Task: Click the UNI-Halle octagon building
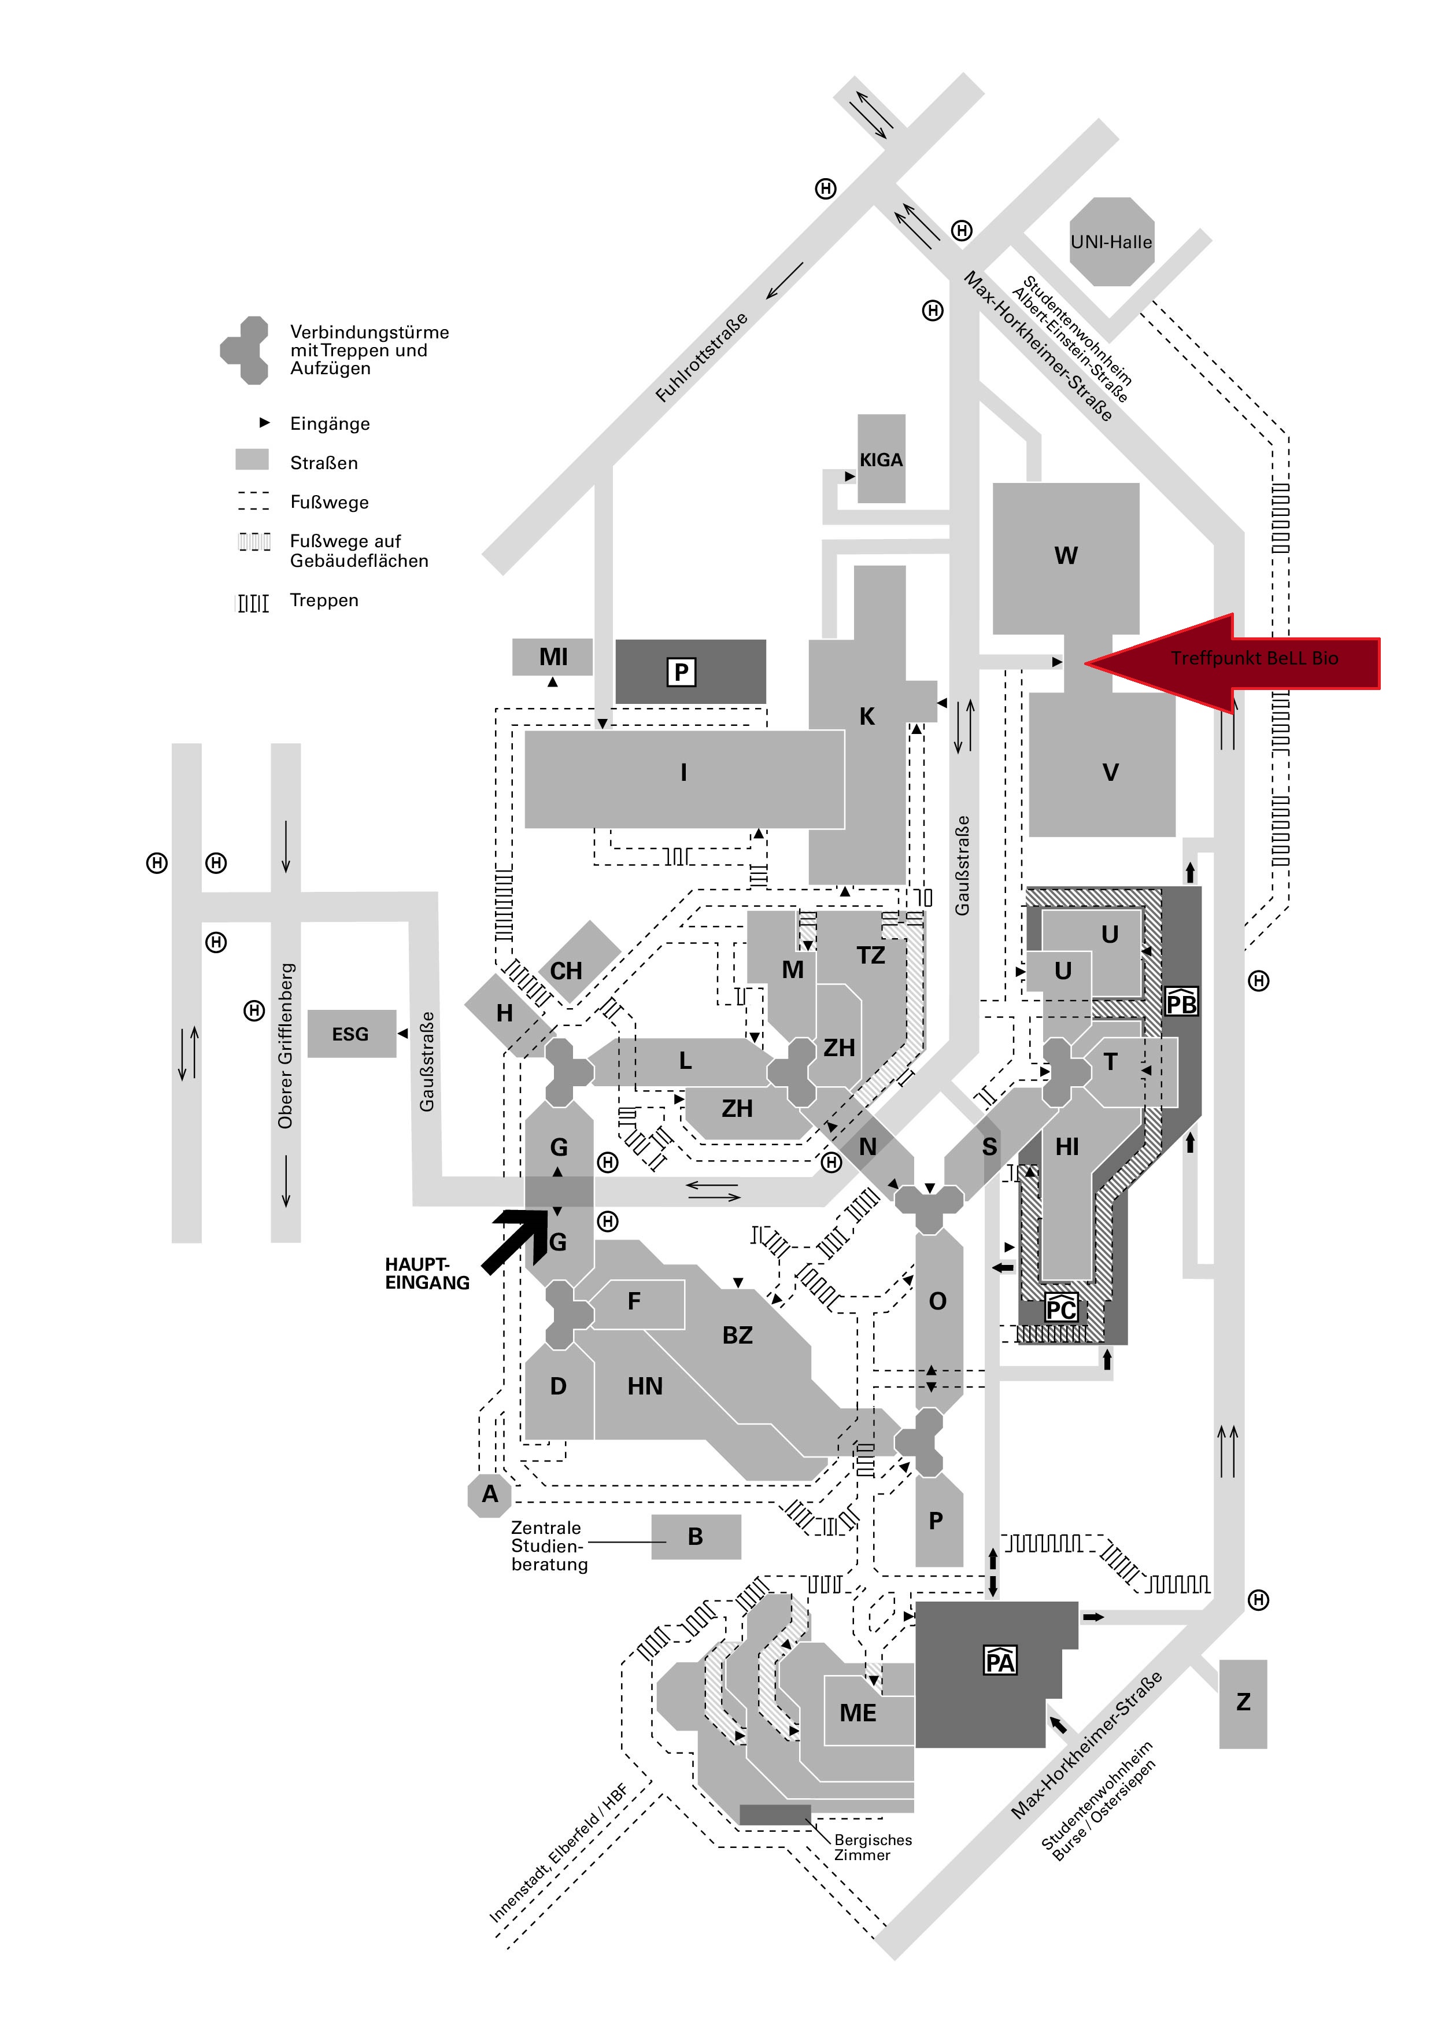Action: click(x=1111, y=241)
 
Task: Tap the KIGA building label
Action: click(x=881, y=459)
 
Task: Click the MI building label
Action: click(x=553, y=656)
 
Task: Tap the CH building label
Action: click(x=566, y=971)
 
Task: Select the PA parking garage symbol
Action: click(x=1000, y=1661)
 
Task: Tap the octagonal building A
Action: click(x=490, y=1495)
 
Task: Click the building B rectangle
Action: click(x=696, y=1537)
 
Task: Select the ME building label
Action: click(x=858, y=1714)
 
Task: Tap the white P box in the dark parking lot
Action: click(x=681, y=673)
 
